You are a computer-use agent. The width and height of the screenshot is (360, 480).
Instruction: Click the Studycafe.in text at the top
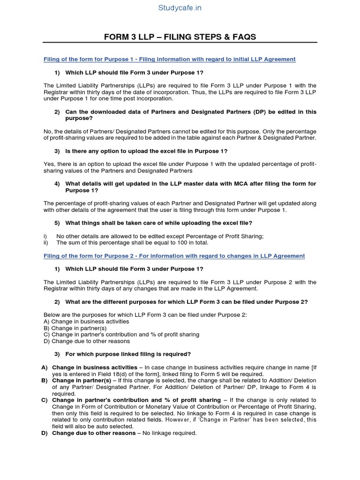coord(180,8)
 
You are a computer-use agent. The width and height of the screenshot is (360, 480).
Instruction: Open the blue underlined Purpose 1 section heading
coord(169,59)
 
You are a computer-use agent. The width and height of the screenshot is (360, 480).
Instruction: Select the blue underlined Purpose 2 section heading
coord(174,256)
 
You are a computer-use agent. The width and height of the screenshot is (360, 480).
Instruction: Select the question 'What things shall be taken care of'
coord(158,223)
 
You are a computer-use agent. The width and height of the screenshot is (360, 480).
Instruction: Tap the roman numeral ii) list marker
coord(46,243)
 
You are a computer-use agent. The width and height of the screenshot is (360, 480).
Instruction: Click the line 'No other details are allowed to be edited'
coord(159,236)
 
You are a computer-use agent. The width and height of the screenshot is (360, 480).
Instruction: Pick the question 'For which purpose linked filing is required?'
coord(128,353)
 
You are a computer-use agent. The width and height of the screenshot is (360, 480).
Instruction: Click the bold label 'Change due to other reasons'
coord(93,433)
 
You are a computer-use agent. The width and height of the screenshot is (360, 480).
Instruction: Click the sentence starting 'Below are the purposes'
coord(145,315)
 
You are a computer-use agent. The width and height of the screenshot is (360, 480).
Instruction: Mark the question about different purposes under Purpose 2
coord(187,301)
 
